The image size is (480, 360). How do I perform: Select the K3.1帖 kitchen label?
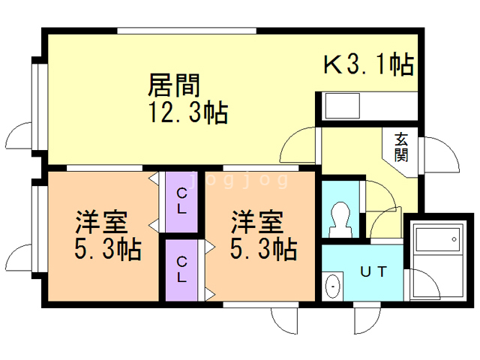pyautogui.click(x=368, y=66)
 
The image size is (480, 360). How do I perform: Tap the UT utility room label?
pyautogui.click(x=373, y=271)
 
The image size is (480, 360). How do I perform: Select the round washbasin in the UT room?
pyautogui.click(x=332, y=286)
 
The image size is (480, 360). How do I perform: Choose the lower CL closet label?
pyautogui.click(x=181, y=268)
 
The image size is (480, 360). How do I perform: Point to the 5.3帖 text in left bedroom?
pyautogui.click(x=109, y=249)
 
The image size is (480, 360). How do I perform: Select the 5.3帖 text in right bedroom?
pyautogui.click(x=264, y=249)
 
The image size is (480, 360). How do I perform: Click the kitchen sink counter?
pyautogui.click(x=367, y=106)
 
